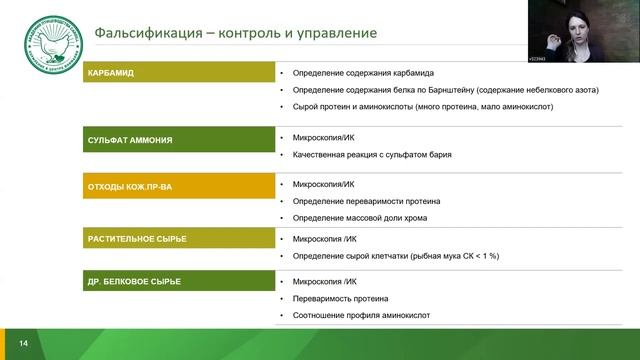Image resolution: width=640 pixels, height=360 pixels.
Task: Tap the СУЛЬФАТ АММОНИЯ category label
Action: click(x=130, y=140)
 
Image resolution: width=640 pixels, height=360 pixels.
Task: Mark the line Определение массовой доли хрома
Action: click(x=359, y=218)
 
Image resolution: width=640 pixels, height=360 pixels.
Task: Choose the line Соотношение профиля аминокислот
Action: click(x=361, y=315)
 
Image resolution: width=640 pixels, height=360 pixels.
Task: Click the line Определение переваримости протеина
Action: click(x=366, y=202)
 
